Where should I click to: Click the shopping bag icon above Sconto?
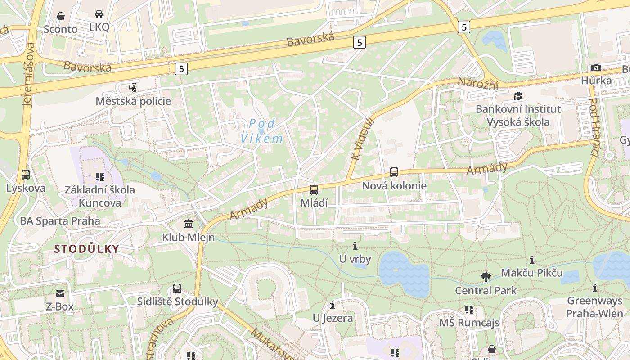pyautogui.click(x=61, y=17)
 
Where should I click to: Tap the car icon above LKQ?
pyautogui.click(x=99, y=14)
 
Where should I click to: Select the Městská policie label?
pyautogui.click(x=133, y=101)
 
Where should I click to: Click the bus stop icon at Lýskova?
pyautogui.click(x=26, y=175)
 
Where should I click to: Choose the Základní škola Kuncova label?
pyautogui.click(x=99, y=196)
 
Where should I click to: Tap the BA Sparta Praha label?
pyautogui.click(x=60, y=221)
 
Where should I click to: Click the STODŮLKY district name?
pyautogui.click(x=87, y=249)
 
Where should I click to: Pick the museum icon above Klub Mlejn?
pyautogui.click(x=189, y=224)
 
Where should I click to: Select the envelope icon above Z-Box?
pyautogui.click(x=60, y=294)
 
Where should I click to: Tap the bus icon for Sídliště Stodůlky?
pyautogui.click(x=177, y=288)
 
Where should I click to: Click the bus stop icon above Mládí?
pyautogui.click(x=314, y=190)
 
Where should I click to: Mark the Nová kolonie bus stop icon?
pyautogui.click(x=394, y=172)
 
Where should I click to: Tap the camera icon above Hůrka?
pyautogui.click(x=596, y=68)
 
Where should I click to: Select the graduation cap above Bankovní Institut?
pyautogui.click(x=518, y=96)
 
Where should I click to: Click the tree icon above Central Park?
pyautogui.click(x=486, y=277)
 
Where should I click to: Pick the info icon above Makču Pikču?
pyautogui.click(x=532, y=260)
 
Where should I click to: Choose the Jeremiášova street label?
pyautogui.click(x=29, y=74)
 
